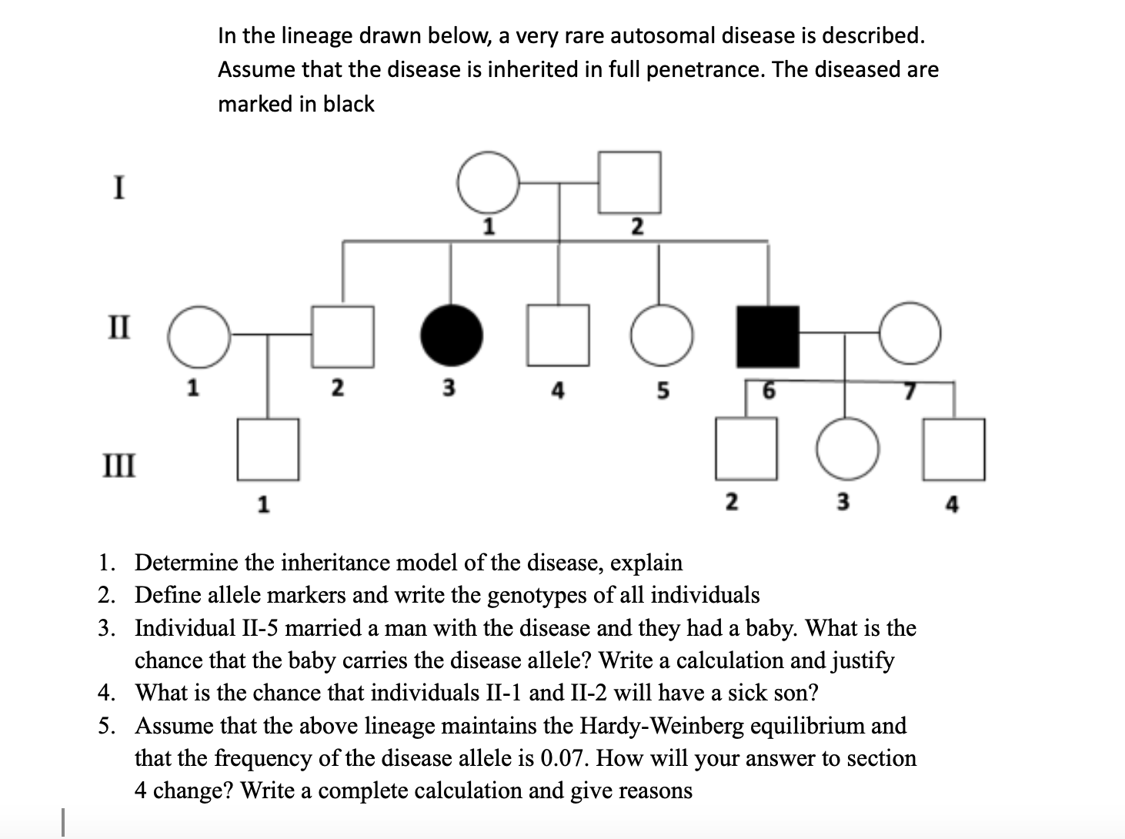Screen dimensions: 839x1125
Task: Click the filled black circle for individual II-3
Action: pos(452,336)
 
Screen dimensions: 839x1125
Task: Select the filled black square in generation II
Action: pos(767,336)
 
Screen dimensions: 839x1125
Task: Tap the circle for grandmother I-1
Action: pos(488,182)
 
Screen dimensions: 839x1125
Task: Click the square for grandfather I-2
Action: pos(629,182)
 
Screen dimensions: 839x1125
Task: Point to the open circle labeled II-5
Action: pos(660,336)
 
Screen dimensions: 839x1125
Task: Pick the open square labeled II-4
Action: pos(558,336)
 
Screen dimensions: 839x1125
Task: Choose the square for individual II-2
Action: pos(342,336)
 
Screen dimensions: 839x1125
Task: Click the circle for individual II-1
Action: pos(199,336)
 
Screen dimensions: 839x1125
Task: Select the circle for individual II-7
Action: pos(910,336)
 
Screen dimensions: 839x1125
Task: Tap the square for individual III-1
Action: pos(267,449)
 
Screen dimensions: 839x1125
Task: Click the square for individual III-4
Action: pos(954,449)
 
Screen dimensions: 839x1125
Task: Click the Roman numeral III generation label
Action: pos(120,466)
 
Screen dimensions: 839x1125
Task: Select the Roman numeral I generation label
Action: pos(119,188)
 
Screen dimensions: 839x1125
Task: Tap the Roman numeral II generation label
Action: pos(119,327)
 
